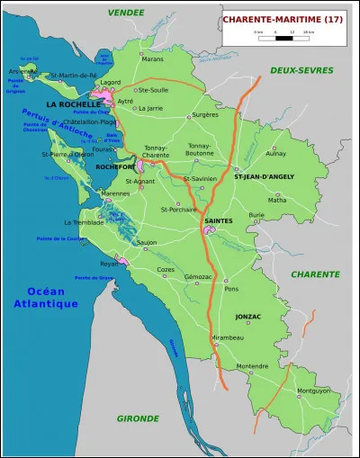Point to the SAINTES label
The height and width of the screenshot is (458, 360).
219,220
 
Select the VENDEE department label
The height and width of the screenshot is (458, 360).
125,13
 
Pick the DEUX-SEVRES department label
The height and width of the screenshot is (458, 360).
301,70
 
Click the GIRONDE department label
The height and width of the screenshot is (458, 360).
137,418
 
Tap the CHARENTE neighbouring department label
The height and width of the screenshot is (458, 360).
315,274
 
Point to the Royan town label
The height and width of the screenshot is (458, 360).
109,264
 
